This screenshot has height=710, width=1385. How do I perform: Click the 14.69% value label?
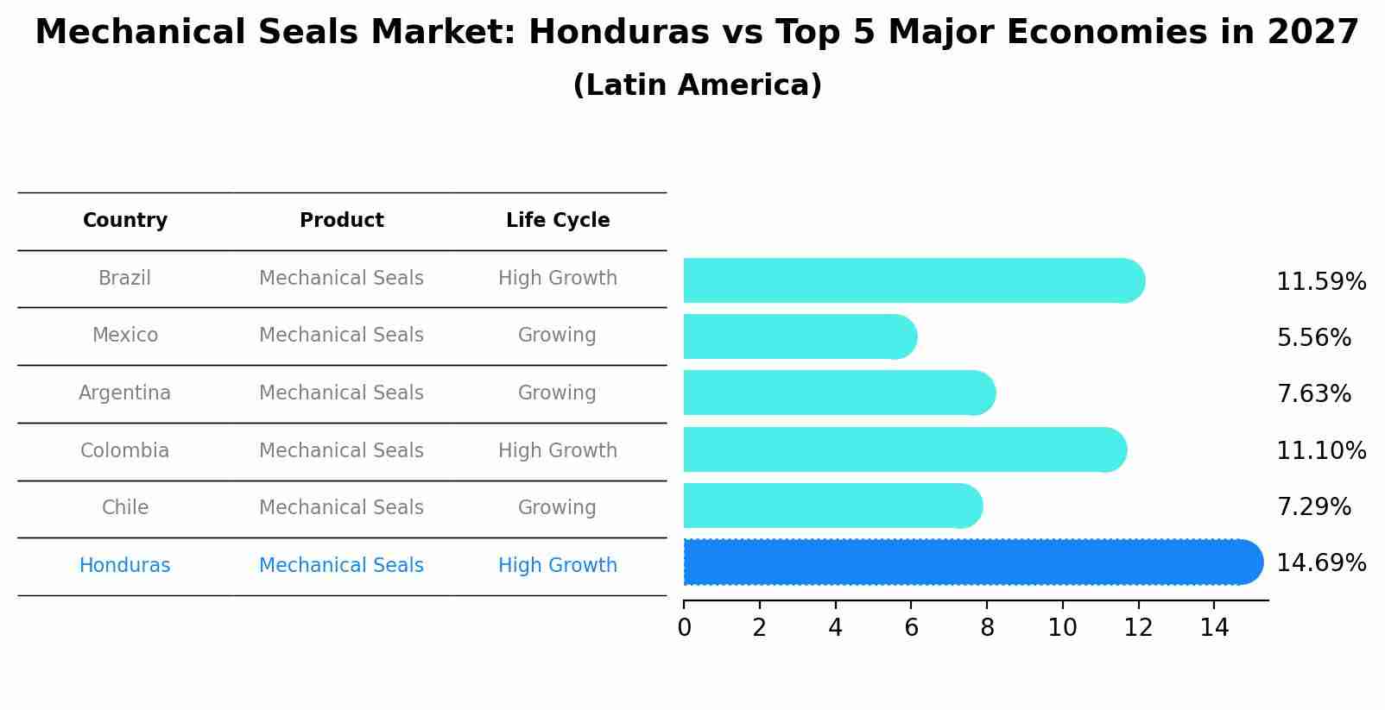(x=1320, y=563)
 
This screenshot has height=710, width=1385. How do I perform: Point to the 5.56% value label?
(x=1313, y=338)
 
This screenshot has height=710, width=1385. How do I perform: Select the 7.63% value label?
(x=1313, y=394)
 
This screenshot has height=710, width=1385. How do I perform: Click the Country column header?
(x=125, y=221)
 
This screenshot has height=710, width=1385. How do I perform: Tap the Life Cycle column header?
(x=558, y=221)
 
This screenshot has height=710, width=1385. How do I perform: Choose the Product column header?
(x=342, y=221)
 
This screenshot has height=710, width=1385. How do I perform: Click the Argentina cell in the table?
(x=125, y=393)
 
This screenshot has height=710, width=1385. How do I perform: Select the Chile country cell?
(x=125, y=508)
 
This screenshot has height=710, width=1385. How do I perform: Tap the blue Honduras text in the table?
(x=125, y=566)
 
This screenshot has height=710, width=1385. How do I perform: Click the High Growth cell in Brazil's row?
(x=558, y=279)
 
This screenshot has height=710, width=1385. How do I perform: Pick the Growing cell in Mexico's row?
(x=558, y=336)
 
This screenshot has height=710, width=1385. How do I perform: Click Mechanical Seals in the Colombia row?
(x=342, y=451)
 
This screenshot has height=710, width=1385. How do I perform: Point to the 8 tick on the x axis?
(x=987, y=627)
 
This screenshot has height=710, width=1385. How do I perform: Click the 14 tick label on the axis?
(x=1214, y=627)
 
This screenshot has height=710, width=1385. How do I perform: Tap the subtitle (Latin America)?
(x=697, y=85)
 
